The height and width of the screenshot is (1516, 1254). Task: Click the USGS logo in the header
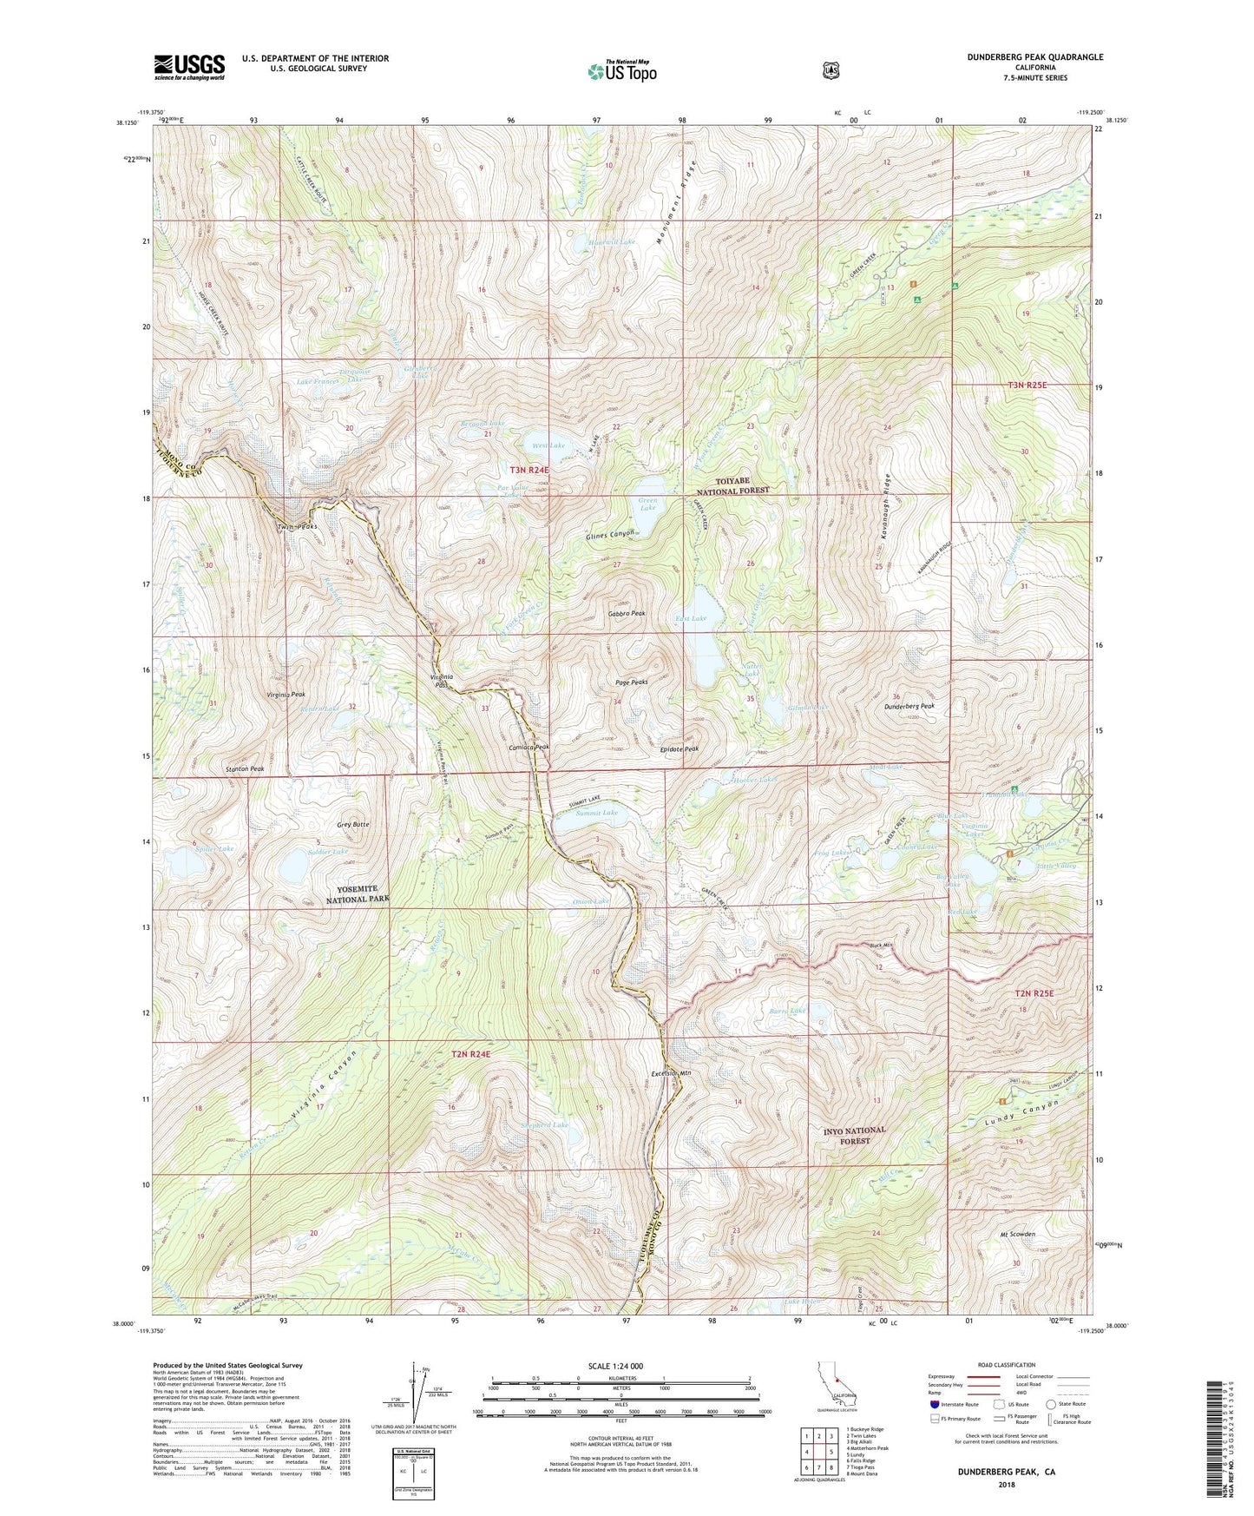coord(189,66)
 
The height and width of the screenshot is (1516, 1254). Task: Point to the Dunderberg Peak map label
coord(909,706)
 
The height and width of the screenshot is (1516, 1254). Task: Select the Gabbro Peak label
coord(627,613)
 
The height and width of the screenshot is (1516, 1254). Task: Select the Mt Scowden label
coord(1015,1234)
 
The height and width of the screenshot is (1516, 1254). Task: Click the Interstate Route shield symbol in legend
coord(934,1403)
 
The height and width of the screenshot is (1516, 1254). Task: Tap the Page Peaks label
coord(630,682)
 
